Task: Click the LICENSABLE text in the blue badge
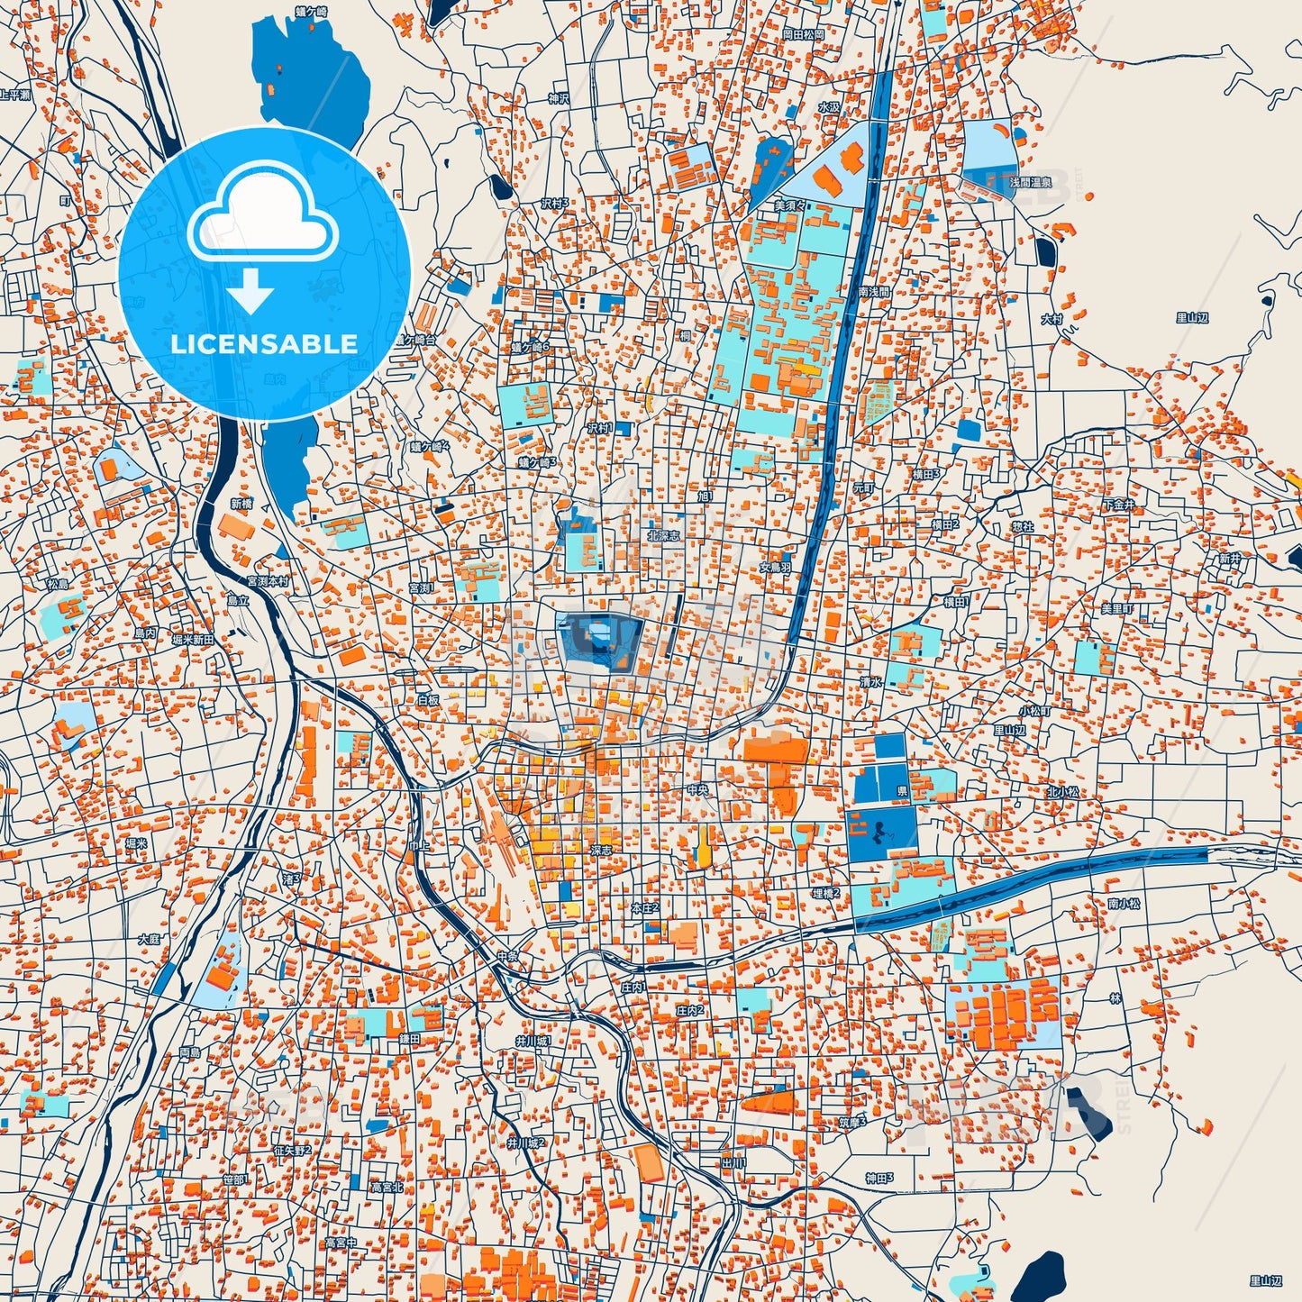pos(263,344)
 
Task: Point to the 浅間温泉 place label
pos(1030,183)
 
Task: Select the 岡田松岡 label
pos(803,34)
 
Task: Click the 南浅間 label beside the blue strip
pos(873,292)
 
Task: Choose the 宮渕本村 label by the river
pos(268,582)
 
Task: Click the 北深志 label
pos(663,535)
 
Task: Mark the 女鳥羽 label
pos(774,568)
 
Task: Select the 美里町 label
pos(1116,609)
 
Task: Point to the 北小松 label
pos(1062,792)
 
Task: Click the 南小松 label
pos(1124,903)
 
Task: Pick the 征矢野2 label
pos(292,1151)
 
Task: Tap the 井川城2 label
pos(525,1143)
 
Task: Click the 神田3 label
pos(879,1178)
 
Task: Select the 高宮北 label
pos(387,1188)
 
